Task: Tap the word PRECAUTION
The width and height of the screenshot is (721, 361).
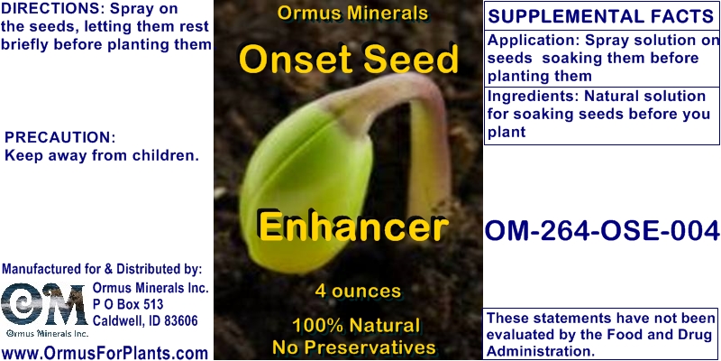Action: [x=60, y=137]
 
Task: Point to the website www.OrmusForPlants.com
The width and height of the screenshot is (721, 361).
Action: [x=105, y=352]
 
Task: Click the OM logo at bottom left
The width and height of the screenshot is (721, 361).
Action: [x=43, y=307]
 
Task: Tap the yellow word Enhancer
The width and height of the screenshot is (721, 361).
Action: [x=351, y=226]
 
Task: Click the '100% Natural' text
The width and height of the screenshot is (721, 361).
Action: [x=354, y=325]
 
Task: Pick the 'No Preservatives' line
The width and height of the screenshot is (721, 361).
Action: [x=354, y=347]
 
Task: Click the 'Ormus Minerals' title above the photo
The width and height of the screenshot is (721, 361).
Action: [x=351, y=15]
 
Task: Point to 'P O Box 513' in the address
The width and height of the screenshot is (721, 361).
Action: [x=128, y=305]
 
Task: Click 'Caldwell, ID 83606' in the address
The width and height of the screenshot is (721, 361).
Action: [x=145, y=321]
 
